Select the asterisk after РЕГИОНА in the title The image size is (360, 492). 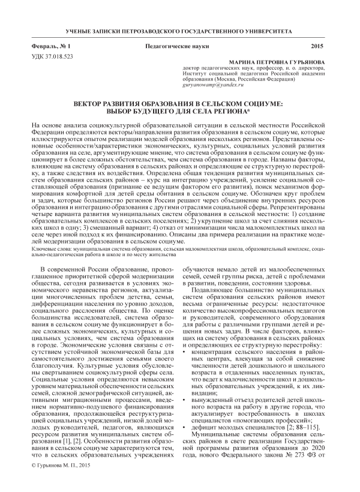[x=269, y=111]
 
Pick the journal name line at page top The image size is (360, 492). [x=180, y=29]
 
